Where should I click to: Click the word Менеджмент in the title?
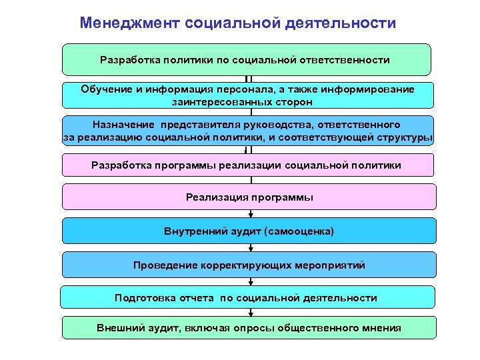click(x=120, y=23)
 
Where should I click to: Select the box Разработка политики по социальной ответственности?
click(x=247, y=59)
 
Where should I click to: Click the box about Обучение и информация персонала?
click(x=247, y=95)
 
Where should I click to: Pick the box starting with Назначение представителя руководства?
click(x=247, y=131)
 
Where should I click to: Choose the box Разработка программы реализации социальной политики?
click(x=247, y=165)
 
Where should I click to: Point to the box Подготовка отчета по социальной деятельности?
click(x=247, y=297)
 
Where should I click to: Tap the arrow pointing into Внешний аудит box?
click(x=250, y=313)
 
